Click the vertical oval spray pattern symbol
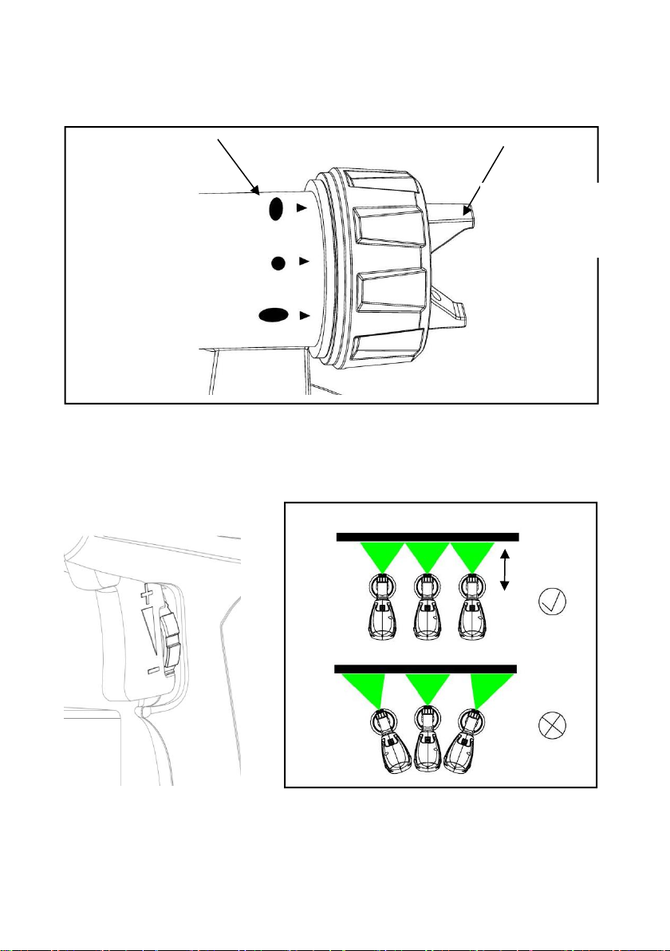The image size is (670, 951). point(276,209)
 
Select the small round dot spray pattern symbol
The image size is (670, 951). point(278,262)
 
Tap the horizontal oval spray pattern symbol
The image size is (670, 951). point(273,315)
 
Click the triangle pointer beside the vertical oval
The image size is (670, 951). point(301,208)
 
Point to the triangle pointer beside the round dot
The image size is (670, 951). point(302,261)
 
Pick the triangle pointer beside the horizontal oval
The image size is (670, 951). point(302,315)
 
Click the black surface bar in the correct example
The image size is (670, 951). point(428,537)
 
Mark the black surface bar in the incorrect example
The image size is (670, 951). point(426,669)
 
